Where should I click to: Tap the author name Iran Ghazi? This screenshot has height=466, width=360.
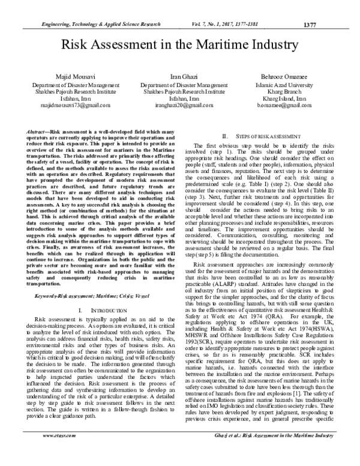click(x=181, y=78)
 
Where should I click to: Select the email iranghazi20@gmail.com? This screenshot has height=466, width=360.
click(x=181, y=104)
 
